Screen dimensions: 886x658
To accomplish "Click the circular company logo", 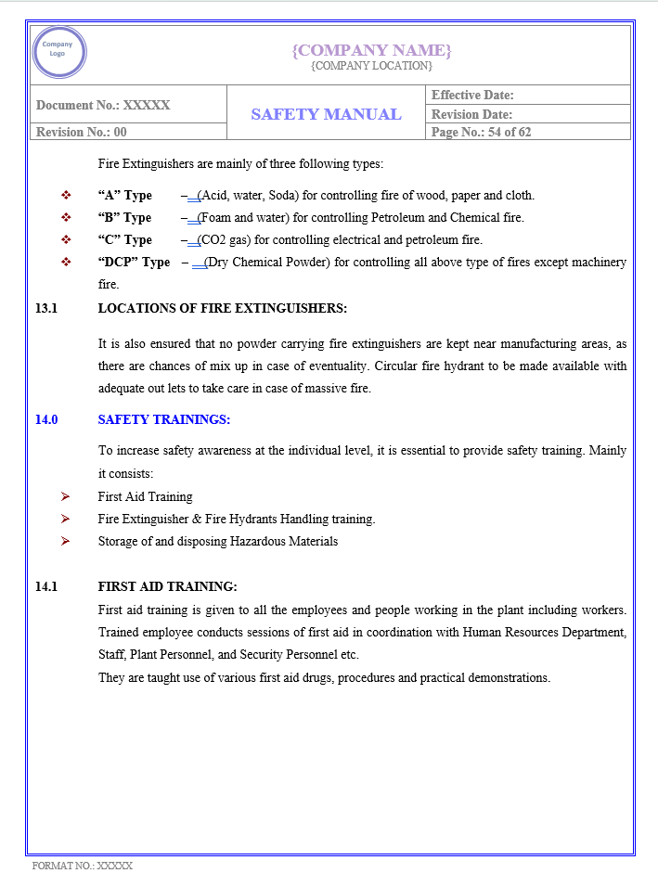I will [x=58, y=52].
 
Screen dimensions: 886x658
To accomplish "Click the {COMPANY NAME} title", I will [x=371, y=50].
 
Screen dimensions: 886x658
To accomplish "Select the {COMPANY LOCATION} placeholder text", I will [x=371, y=66].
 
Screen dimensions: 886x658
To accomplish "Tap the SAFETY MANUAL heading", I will [x=326, y=114].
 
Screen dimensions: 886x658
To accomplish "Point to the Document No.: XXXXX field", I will [x=103, y=105].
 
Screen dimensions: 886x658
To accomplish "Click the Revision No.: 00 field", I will [x=82, y=132].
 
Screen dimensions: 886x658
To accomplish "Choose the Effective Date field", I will [x=472, y=95].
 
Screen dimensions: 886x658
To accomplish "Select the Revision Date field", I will [x=472, y=114].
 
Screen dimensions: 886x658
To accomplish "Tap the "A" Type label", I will [x=124, y=196].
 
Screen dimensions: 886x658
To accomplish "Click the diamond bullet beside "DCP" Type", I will [x=66, y=263].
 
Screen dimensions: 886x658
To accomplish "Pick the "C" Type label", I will [x=124, y=240].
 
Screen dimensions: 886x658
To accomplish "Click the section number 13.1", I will [x=46, y=308].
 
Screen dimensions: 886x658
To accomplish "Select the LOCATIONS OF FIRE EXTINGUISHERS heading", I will [x=222, y=308].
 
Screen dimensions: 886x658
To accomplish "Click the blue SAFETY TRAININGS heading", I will [x=163, y=419].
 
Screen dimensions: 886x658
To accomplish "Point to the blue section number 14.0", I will [x=46, y=419].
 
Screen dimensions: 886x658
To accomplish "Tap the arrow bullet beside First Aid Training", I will [x=66, y=496].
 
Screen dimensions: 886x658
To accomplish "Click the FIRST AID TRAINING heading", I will [x=167, y=586].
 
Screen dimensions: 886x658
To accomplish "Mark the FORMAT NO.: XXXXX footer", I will [x=83, y=866].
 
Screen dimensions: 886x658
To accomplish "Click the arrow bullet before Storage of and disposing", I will [x=66, y=541].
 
